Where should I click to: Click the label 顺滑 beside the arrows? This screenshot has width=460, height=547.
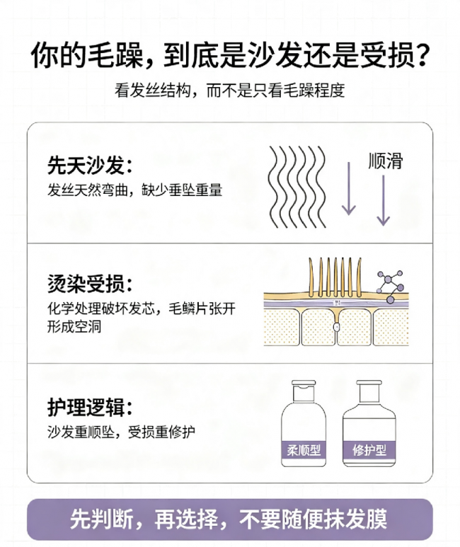(x=385, y=161)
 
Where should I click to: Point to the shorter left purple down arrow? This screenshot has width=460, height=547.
(x=348, y=188)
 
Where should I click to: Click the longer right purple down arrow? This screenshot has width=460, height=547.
(x=384, y=200)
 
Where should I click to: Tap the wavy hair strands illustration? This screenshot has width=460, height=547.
(x=297, y=187)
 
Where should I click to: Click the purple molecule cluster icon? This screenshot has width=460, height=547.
(x=390, y=286)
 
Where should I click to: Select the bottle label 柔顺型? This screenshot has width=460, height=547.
(x=304, y=450)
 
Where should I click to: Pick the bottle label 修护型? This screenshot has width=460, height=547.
(x=369, y=450)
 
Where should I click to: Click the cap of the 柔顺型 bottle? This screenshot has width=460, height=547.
(x=304, y=384)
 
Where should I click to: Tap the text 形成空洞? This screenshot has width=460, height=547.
(x=74, y=327)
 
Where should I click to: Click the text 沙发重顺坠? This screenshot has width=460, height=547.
(x=81, y=432)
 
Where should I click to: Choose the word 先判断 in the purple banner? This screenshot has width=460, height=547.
(x=102, y=519)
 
